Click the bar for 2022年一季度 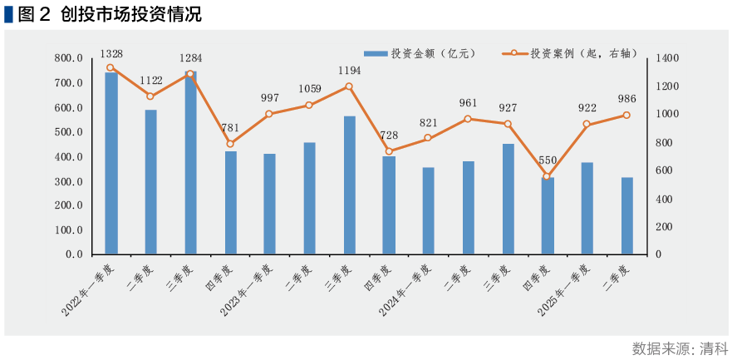tap(111, 163)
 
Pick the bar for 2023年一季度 tap(270, 204)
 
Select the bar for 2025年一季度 tap(587, 208)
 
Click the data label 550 tap(547, 160)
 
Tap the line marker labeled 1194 tap(349, 86)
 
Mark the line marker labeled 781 tap(230, 144)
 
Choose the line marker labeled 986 tap(626, 116)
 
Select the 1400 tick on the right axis tap(667, 59)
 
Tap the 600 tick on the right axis tap(665, 170)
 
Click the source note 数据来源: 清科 tap(679, 348)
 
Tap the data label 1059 tap(309, 88)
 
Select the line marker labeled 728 tap(389, 151)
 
